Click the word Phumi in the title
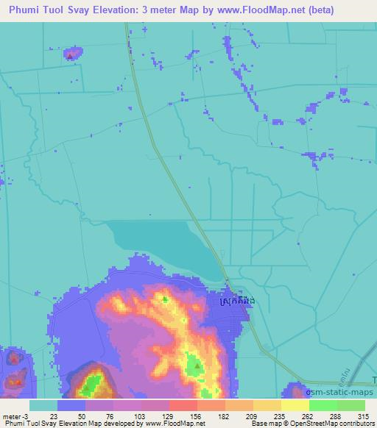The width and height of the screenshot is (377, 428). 25,10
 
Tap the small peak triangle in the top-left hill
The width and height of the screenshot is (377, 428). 71,55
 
